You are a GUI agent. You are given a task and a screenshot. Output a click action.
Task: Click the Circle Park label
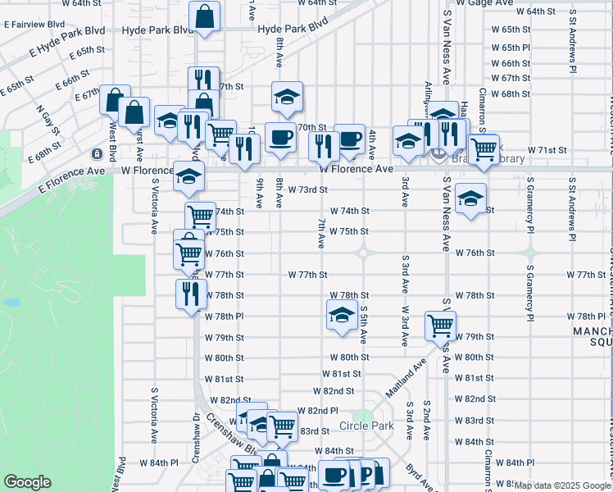coord(366,426)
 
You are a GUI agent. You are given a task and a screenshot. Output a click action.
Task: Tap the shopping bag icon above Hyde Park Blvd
coord(204,16)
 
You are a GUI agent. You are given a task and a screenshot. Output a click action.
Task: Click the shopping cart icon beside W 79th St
coord(440,326)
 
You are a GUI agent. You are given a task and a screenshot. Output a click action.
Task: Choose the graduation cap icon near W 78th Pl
coord(341,314)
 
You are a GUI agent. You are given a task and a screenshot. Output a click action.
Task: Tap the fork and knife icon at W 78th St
coord(191,294)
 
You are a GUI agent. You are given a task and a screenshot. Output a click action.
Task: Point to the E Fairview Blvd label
coord(34,25)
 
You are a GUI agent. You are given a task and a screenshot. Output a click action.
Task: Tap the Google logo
coord(28,481)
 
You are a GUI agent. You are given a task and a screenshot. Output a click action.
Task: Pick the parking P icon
coord(366,474)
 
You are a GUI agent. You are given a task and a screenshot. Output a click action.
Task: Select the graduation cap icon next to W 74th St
coord(470,198)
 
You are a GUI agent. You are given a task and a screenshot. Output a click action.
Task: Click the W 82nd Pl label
coord(317,410)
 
